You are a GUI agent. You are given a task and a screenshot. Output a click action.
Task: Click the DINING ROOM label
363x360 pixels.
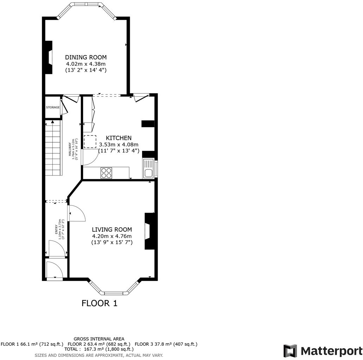click(86, 57)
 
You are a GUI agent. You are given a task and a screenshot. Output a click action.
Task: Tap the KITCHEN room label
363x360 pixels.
click(119, 138)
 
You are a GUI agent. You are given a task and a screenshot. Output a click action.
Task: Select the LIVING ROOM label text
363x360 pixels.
click(112, 230)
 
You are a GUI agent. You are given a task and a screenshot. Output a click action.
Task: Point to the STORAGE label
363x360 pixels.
click(53, 107)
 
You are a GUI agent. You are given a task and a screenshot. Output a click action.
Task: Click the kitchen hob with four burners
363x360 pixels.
click(107, 173)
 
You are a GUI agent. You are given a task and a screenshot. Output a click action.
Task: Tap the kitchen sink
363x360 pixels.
click(148, 169)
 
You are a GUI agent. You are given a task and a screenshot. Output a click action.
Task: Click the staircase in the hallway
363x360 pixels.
click(53, 148)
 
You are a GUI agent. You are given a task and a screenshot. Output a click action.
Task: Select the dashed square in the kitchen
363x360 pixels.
click(90, 141)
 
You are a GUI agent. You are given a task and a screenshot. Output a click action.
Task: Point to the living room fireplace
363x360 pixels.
click(149, 231)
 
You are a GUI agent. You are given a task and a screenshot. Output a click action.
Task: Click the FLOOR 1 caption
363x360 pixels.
click(99, 303)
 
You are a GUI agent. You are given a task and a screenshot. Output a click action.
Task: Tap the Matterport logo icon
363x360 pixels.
click(290, 351)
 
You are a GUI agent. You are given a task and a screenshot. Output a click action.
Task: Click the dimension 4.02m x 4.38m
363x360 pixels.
click(86, 64)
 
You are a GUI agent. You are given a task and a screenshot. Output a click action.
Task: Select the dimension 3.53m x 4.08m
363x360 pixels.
click(119, 144)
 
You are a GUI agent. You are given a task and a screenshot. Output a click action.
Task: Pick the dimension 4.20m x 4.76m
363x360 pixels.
click(112, 236)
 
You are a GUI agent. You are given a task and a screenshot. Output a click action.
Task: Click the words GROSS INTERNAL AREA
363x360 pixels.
click(99, 339)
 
